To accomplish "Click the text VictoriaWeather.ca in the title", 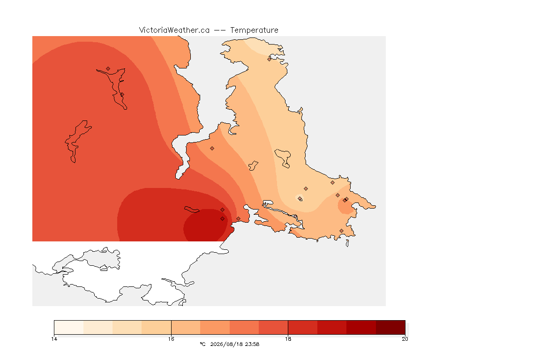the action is pyautogui.click(x=174, y=30).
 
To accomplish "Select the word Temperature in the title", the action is pyautogui.click(x=254, y=30).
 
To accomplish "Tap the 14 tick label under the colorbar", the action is pyautogui.click(x=54, y=339).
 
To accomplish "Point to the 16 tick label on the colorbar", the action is pyautogui.click(x=171, y=339).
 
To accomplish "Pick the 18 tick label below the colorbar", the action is pyautogui.click(x=288, y=339).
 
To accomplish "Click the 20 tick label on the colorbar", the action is pyautogui.click(x=405, y=339).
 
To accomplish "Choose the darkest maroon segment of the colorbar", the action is pyautogui.click(x=390, y=327).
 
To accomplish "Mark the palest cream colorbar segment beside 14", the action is pyautogui.click(x=69, y=327).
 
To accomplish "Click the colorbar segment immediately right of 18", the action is pyautogui.click(x=303, y=327).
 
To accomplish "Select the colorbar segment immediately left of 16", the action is pyautogui.click(x=157, y=327).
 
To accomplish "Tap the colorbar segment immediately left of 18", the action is pyautogui.click(x=273, y=327).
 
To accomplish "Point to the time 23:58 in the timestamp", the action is pyautogui.click(x=253, y=344).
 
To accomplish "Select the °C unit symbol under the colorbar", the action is pyautogui.click(x=202, y=344).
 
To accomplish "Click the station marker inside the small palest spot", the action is pyautogui.click(x=300, y=198).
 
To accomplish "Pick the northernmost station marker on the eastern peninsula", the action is pyautogui.click(x=270, y=59).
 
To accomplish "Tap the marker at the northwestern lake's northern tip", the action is pyautogui.click(x=108, y=69).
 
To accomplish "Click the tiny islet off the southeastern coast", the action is pyautogui.click(x=347, y=243).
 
